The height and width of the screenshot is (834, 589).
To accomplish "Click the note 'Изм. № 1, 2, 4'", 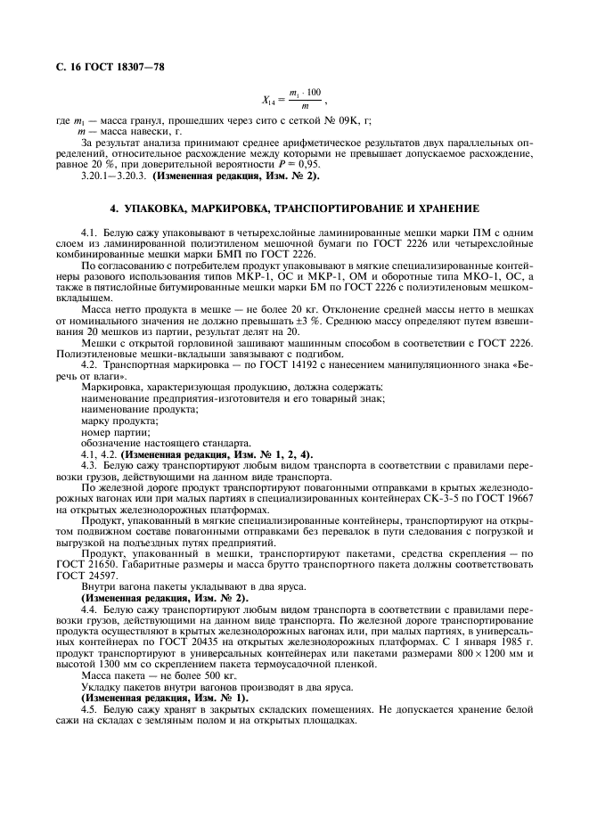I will pos(265,454).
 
